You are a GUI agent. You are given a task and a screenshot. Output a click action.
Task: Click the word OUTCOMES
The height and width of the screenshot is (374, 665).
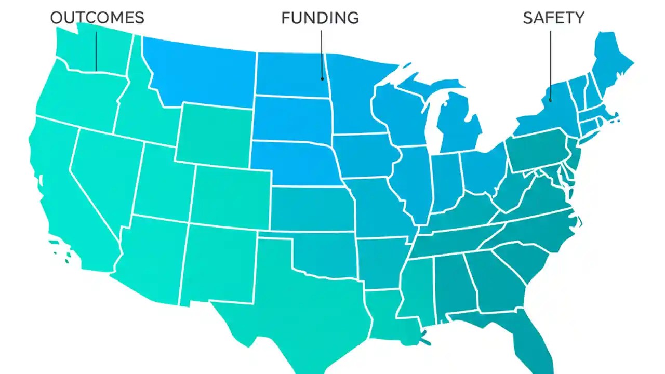coord(97,18)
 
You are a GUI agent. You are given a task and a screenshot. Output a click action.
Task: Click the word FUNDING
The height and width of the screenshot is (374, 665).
coord(320,18)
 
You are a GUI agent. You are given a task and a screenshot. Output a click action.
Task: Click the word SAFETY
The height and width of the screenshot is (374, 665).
coord(553,18)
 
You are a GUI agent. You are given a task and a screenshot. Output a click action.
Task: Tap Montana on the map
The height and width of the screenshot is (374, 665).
coord(200,73)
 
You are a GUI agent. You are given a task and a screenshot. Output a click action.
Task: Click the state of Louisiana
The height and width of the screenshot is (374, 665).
coord(387,314)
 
